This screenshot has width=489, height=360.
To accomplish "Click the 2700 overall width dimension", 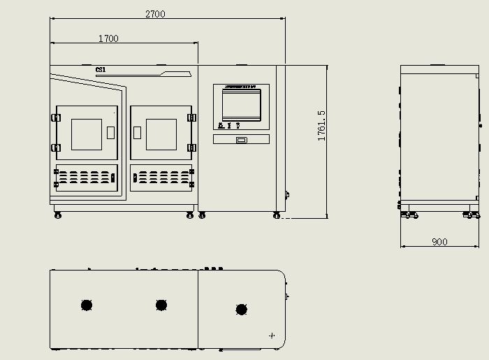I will click(x=155, y=13).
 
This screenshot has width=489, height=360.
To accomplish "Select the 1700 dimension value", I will click(x=108, y=38).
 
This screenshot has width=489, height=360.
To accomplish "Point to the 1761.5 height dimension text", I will click(x=321, y=126).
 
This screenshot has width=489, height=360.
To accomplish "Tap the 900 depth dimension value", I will click(x=439, y=242).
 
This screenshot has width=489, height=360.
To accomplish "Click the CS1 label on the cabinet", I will click(x=101, y=69).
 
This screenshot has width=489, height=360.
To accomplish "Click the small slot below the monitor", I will click(x=241, y=140).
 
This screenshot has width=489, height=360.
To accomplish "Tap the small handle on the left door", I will click(x=110, y=131).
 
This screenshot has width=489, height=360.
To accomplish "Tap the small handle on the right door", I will click(x=138, y=131).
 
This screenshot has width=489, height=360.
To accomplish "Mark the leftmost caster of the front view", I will click(x=57, y=215).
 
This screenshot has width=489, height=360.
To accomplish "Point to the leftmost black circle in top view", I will click(x=87, y=305).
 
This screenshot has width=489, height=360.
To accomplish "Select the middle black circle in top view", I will click(x=161, y=305).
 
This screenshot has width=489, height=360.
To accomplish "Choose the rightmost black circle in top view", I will click(x=242, y=309).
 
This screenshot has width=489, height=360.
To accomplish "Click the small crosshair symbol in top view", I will click(x=272, y=336).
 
